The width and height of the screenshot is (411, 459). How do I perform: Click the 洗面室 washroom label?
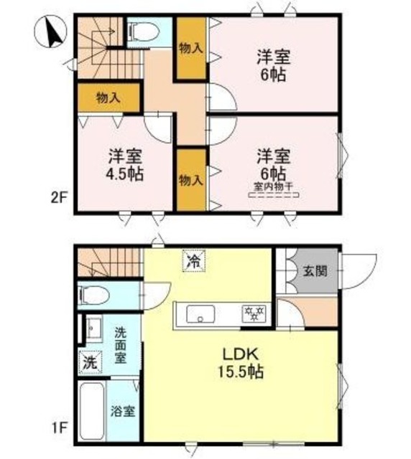coord(121,344)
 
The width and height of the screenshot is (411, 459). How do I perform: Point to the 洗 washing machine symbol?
coord(88,363)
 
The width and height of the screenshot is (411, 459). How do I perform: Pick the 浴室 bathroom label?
coord(121,412)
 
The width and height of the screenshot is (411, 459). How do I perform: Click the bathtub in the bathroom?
coord(91,412)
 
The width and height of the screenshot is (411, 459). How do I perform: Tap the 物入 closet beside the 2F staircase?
coord(108,98)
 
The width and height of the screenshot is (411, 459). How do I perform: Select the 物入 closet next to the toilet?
coord(190,48)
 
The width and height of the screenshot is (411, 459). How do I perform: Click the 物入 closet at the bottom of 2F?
coord(190,179)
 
